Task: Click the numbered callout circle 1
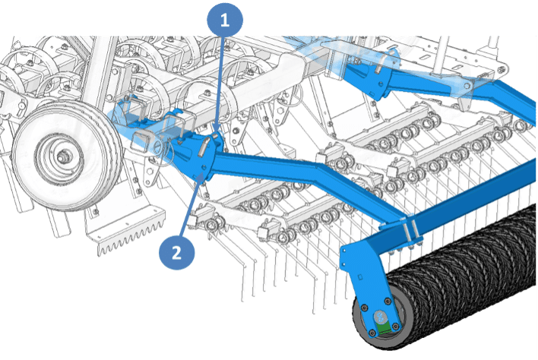[225, 20]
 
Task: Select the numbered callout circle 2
[177, 253]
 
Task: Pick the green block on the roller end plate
[384, 327]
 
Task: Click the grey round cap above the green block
[380, 316]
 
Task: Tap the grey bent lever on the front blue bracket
[204, 146]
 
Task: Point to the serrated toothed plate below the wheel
[131, 232]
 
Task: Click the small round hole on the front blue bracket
[204, 167]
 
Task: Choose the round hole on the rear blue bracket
[380, 84]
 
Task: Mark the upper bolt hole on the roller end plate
[344, 252]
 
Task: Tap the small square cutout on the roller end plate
[360, 276]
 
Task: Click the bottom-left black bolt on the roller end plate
[372, 333]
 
